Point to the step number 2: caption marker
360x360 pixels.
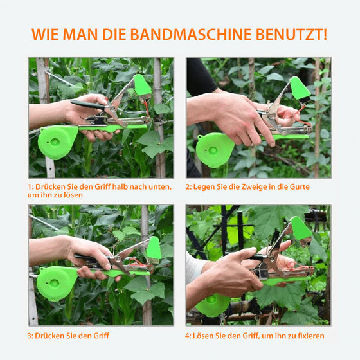[189, 186]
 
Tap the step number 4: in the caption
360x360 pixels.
[189, 335]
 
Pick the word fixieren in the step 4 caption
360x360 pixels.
[307, 335]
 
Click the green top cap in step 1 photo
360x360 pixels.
[141, 85]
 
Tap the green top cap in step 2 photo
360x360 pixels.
[299, 88]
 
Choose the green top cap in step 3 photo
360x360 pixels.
[154, 248]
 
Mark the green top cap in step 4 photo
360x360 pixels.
[300, 229]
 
